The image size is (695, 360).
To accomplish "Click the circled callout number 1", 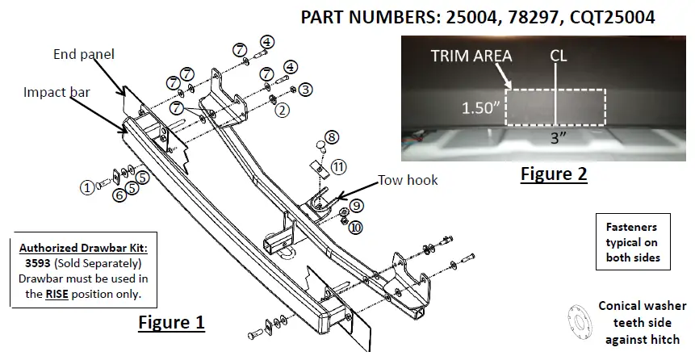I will [85, 186].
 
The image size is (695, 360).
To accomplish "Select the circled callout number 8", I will [333, 136].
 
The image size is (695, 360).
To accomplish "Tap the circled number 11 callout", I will [339, 167].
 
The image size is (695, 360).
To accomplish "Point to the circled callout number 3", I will [305, 89].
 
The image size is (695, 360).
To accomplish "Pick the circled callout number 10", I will [356, 227].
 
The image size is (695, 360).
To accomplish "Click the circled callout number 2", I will [282, 111].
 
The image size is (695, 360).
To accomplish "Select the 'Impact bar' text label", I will [56, 93].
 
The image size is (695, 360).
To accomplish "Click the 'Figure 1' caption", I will [171, 323].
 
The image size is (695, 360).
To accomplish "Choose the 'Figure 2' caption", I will [553, 173].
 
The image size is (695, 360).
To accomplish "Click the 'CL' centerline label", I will [556, 56].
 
